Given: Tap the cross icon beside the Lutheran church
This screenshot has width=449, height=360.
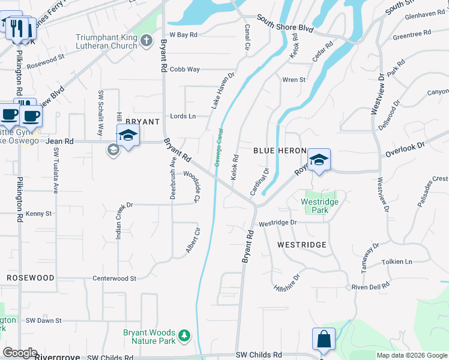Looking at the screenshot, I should [x=146, y=41].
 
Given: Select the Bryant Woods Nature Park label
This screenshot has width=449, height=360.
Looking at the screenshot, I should [x=149, y=337].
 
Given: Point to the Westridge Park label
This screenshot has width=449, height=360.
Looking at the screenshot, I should [x=319, y=206].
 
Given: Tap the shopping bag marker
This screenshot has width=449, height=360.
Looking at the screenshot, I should [x=324, y=338].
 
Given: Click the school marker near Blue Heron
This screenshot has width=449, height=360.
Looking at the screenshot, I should [x=319, y=160].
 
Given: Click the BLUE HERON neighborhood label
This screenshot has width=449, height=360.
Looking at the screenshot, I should [x=280, y=151].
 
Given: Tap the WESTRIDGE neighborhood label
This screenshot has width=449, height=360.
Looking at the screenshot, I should [x=302, y=245].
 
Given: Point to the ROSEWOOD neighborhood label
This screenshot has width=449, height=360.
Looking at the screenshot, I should [x=31, y=278].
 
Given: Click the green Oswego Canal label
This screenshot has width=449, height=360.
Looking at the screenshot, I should [x=217, y=148].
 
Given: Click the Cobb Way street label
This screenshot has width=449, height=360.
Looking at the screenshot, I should [x=184, y=70].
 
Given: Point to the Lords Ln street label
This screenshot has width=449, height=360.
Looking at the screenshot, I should [x=183, y=116].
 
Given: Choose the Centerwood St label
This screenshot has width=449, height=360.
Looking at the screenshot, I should [x=115, y=278].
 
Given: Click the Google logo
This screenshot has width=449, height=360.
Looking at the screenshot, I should [x=20, y=353].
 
